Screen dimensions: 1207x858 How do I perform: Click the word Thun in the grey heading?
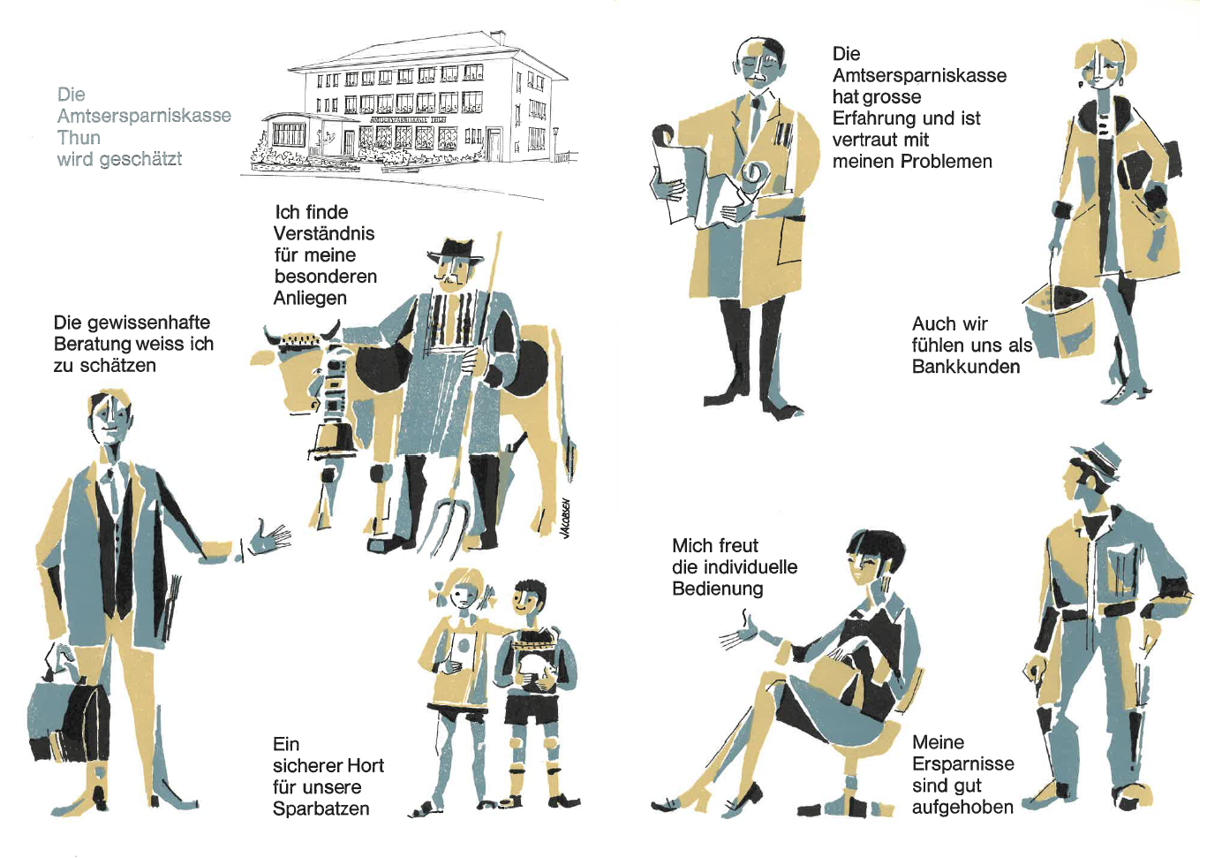79,138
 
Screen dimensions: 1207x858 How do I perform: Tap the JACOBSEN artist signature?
565,519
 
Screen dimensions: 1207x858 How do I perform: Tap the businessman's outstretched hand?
269,536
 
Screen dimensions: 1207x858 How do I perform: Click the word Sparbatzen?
321,809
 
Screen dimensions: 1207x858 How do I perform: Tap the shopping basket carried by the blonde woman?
1060,319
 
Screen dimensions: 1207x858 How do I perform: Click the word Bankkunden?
966,367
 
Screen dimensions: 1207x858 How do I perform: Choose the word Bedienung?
718,588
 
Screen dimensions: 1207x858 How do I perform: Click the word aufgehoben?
963,808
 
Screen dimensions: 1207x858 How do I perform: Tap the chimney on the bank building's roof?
498,37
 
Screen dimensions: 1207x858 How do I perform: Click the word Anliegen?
310,298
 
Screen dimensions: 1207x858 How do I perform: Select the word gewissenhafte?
132,323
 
